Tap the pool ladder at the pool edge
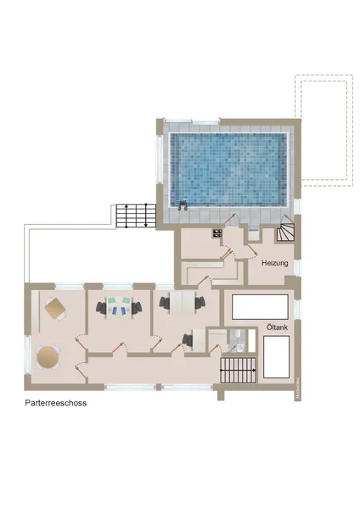[x=183, y=204]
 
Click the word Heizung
[x=274, y=264]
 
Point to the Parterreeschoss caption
[x=56, y=404]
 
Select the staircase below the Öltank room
[x=239, y=370]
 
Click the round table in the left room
[x=49, y=355]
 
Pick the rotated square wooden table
[x=55, y=309]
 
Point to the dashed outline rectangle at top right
[x=323, y=129]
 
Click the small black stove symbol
[x=217, y=232]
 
